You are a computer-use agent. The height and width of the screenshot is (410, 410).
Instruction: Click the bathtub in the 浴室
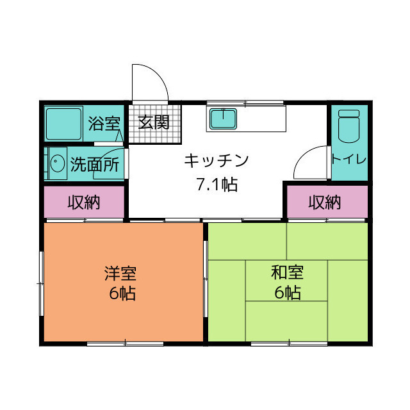[x=63, y=124]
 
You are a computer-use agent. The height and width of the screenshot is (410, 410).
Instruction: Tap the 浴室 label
[x=104, y=123]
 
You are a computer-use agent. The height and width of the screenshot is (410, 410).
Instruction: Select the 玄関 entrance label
[x=154, y=122]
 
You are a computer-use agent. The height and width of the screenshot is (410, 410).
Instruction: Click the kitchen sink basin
[x=223, y=119]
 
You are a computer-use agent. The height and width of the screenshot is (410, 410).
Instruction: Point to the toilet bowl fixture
[x=348, y=126]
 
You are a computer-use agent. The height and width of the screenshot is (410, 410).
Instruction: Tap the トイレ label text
[x=348, y=159]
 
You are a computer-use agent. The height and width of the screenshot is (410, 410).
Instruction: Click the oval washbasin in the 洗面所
[x=58, y=163]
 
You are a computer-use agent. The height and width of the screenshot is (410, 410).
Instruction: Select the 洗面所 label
[x=95, y=164]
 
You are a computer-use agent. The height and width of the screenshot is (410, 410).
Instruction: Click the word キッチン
[x=217, y=161]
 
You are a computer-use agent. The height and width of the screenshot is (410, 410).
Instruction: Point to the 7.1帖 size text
[x=217, y=184]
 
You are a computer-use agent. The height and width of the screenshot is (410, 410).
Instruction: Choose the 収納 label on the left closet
[x=84, y=202]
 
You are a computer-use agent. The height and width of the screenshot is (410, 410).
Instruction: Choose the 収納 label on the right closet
[x=325, y=202]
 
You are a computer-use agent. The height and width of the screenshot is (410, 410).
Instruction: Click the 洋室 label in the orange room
[x=120, y=274]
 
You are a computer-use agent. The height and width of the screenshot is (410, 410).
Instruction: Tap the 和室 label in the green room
[x=287, y=272]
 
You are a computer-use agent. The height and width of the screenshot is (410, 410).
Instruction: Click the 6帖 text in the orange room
[x=122, y=293]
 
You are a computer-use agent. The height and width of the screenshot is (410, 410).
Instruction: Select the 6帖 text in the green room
[x=288, y=292]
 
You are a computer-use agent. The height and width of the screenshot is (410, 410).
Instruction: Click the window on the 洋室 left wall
[x=41, y=283]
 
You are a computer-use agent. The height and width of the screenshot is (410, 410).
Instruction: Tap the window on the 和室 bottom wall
[x=289, y=343]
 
